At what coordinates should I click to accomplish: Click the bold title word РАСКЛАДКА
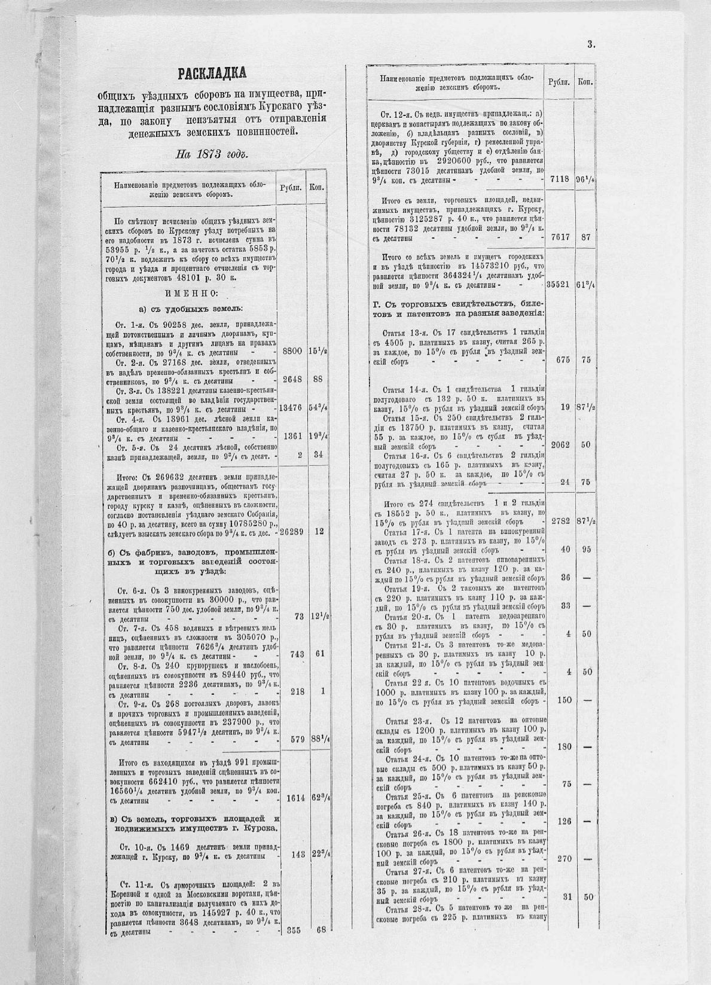click(x=212, y=74)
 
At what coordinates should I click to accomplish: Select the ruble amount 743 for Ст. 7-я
click(x=296, y=654)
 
